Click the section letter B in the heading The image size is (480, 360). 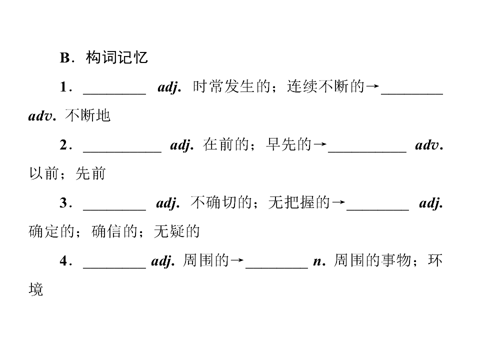65,58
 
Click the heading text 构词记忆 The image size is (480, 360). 117,57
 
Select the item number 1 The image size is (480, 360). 63,87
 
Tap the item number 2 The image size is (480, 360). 63,145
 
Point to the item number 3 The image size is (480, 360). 63,202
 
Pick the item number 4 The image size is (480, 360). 63,261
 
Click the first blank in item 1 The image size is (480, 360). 114,94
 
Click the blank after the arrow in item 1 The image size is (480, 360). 412,94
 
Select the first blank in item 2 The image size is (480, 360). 122,152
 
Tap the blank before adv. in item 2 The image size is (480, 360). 367,152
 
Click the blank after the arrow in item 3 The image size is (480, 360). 378,210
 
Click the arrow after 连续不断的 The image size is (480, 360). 372,86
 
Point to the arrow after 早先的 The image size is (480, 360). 320,144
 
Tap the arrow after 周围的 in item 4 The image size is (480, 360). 237,260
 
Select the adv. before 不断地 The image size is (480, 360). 42,116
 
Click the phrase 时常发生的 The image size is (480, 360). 231,86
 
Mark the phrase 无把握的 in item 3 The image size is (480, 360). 299,202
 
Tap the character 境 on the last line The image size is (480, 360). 36,289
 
